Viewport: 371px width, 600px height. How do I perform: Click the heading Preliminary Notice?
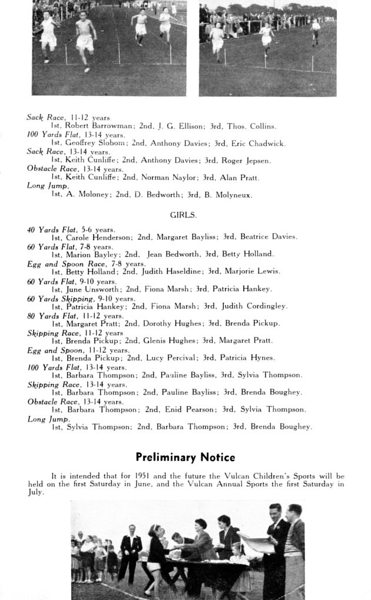(x=185, y=457)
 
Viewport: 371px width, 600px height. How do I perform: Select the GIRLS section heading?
(x=183, y=216)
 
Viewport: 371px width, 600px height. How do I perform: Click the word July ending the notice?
(x=35, y=492)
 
